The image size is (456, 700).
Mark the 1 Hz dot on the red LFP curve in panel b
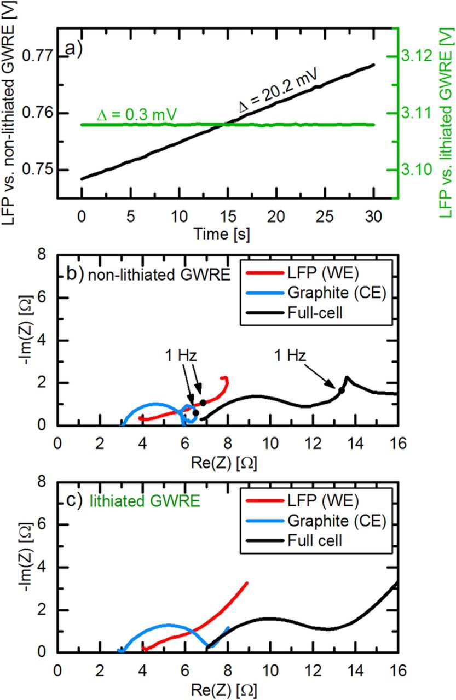(203, 402)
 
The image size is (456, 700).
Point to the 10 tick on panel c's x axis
(269, 670)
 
